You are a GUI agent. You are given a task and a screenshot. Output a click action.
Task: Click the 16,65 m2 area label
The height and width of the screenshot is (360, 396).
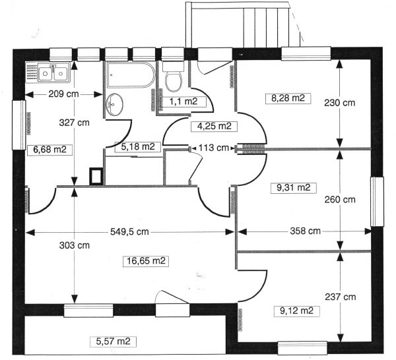[x=146, y=261]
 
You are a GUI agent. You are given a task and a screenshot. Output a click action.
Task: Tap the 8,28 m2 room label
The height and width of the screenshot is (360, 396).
[x=288, y=98]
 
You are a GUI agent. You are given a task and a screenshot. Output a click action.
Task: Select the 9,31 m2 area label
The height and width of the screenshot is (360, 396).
[x=293, y=188]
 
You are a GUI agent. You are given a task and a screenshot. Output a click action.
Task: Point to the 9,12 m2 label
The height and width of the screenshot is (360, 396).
[x=297, y=311]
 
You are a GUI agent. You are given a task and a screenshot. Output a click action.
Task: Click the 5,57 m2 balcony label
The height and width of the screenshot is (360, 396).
[x=113, y=342]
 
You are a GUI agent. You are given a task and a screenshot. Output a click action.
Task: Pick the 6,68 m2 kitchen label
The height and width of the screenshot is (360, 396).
[x=49, y=150]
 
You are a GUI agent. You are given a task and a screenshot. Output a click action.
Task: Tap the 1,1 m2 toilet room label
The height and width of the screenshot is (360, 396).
[x=183, y=102]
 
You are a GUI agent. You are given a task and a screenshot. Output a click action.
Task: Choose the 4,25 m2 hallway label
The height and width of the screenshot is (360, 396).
[x=214, y=126]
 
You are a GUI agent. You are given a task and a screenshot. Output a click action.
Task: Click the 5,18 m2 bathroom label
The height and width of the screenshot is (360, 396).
[x=138, y=146]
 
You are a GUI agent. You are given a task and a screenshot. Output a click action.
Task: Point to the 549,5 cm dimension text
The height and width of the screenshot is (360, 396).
[x=129, y=231]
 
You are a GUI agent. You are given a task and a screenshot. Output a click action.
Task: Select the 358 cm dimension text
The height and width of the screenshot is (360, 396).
[x=305, y=231]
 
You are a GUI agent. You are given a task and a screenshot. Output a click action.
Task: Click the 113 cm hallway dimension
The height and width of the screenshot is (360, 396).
[x=214, y=148]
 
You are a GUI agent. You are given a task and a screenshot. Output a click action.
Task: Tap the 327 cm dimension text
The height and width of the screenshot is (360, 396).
[x=74, y=123]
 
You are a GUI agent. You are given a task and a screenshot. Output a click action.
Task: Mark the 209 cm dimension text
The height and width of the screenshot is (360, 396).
[x=63, y=94]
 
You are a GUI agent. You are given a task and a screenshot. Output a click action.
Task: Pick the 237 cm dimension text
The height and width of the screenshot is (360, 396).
[x=341, y=297]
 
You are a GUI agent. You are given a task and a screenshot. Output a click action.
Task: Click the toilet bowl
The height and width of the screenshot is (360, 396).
[x=173, y=78]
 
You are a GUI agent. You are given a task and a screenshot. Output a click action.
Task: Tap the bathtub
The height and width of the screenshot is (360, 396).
[x=131, y=75]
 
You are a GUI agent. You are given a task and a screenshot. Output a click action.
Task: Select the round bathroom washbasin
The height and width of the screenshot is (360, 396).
[x=115, y=104]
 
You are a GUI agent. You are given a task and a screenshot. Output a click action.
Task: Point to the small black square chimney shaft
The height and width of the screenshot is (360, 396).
[x=96, y=176]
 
